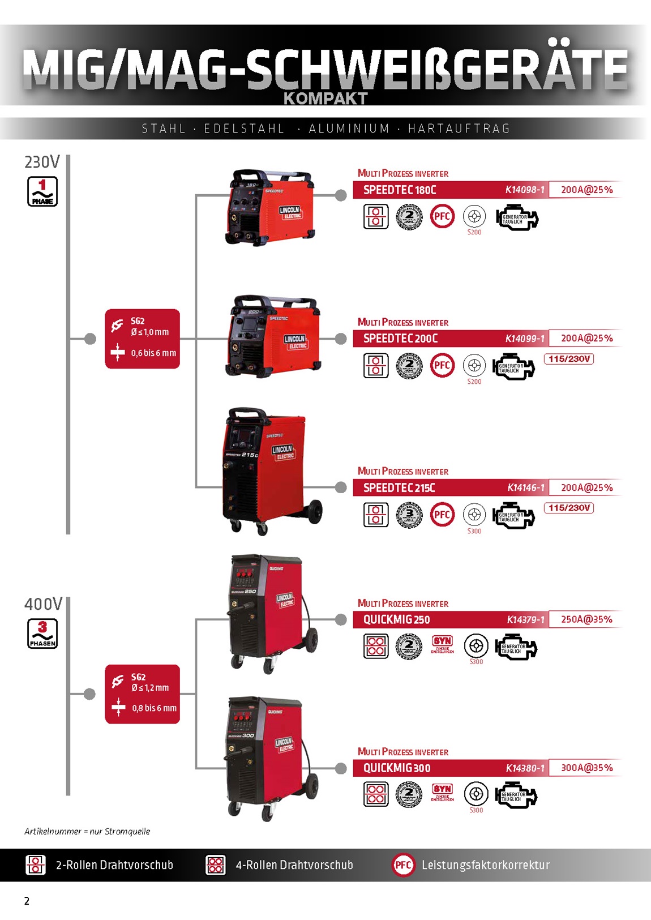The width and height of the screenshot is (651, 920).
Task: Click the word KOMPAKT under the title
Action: click(x=325, y=99)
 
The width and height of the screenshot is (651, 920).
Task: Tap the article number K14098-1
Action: click(x=525, y=190)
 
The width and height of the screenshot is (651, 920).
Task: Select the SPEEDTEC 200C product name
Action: click(x=400, y=339)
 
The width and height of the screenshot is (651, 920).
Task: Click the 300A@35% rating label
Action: click(x=586, y=768)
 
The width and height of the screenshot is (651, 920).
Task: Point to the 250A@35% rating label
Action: click(x=586, y=619)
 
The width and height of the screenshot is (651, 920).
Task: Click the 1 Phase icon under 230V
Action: click(x=42, y=191)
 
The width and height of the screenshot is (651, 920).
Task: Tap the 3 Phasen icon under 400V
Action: click(x=42, y=634)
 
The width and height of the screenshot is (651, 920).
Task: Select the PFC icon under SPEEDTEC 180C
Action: click(x=442, y=216)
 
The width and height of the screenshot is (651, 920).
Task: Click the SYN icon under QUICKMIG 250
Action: click(x=442, y=643)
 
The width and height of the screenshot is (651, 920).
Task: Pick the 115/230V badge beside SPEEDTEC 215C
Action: click(x=569, y=508)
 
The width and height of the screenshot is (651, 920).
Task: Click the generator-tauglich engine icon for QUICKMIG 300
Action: click(x=515, y=795)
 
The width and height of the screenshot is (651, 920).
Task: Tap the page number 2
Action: click(x=27, y=901)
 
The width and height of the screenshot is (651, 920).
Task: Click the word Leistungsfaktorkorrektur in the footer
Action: click(x=485, y=865)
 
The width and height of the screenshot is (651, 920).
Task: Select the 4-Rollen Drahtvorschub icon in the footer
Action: click(x=216, y=865)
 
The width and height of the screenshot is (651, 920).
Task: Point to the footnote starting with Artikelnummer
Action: click(x=87, y=831)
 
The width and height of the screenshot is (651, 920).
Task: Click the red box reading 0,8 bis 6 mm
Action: click(x=142, y=694)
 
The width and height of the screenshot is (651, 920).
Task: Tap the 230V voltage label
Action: click(x=42, y=162)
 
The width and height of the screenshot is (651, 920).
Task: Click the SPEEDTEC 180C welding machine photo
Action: click(x=270, y=207)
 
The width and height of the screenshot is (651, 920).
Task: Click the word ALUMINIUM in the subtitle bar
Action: click(x=349, y=129)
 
